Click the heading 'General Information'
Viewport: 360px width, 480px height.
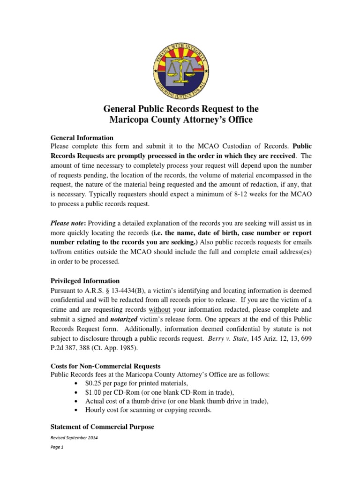82,138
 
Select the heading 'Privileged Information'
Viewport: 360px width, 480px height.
84,281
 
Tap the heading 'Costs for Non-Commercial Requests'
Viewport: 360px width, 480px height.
105,365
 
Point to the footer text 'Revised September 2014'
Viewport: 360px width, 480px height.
74,437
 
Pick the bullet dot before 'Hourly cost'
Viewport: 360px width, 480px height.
76,410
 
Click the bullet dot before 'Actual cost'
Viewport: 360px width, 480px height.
76,401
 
